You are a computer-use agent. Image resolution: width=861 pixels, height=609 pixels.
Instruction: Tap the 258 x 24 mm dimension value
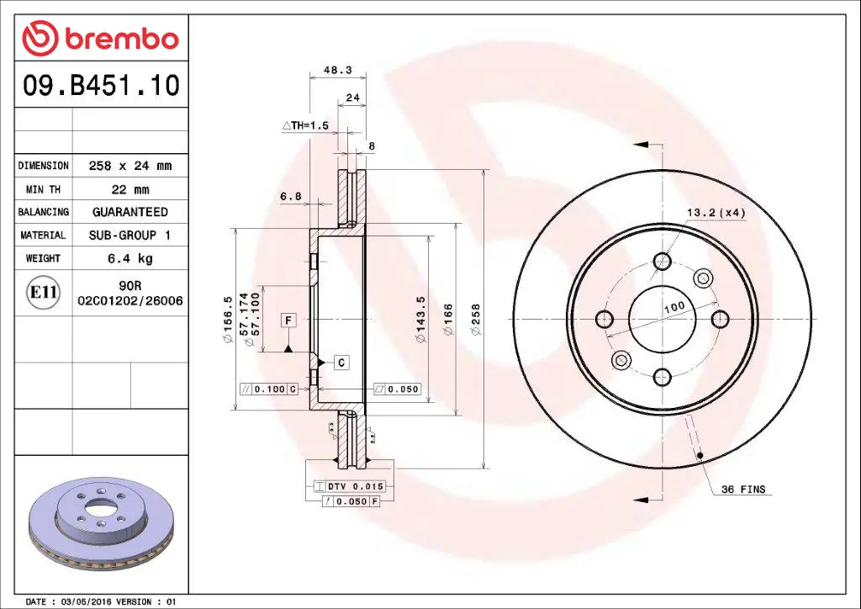pos(129,166)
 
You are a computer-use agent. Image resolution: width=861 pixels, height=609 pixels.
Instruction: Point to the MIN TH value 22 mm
pos(129,189)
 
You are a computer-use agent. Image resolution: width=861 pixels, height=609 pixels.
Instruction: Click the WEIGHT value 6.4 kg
pos(129,258)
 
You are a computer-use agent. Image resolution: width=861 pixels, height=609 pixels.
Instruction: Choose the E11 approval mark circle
pos(43,293)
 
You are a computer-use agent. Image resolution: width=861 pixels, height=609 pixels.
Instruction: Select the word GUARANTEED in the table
pos(129,212)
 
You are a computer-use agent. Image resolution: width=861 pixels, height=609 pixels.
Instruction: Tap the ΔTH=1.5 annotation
pos(304,125)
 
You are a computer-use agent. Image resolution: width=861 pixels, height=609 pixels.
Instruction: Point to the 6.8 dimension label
pos(290,196)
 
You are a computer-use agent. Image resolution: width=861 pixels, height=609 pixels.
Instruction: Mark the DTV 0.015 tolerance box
pos(348,486)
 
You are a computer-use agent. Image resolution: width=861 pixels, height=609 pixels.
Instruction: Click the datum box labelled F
pos(288,320)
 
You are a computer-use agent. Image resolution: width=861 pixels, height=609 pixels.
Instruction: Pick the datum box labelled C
pos(341,363)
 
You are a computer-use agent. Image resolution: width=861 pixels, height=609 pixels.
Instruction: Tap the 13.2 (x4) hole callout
pos(716,213)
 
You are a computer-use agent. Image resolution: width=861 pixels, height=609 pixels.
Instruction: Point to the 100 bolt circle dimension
pos(673,308)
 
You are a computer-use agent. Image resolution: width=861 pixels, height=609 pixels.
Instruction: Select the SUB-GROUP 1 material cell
pos(129,236)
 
